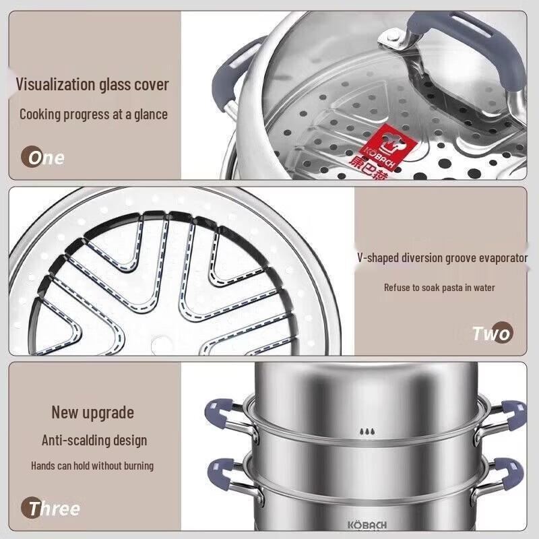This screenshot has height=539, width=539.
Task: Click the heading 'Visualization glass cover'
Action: point(92,85)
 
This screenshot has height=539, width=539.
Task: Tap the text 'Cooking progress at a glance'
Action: point(93,114)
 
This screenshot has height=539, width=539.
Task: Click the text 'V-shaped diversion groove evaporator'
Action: point(443,257)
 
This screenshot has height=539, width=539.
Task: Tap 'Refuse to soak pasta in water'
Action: point(439,288)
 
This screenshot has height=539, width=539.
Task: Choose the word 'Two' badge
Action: point(492,333)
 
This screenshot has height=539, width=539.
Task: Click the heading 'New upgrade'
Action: point(93,412)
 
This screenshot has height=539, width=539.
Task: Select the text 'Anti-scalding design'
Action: point(94,441)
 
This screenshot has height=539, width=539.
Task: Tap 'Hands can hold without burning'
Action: point(92,466)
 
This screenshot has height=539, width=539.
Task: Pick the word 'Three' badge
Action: point(54,508)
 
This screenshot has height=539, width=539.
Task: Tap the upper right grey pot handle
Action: point(511,410)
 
